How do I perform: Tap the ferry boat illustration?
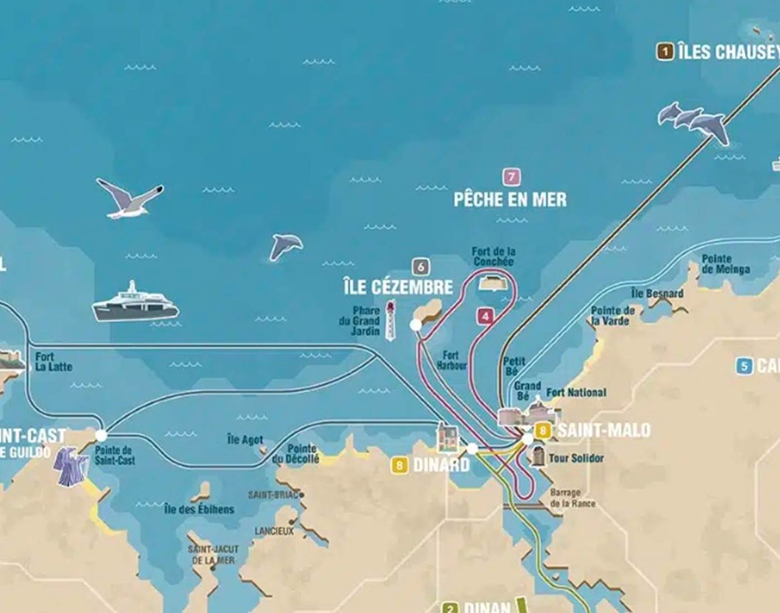pos(135,304)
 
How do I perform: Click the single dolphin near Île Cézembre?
pos(286,246)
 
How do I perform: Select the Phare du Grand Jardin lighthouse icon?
pos(391,320)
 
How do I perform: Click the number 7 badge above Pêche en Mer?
pos(511,177)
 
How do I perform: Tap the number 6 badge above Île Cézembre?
pos(421,267)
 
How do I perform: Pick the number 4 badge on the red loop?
pos(485,317)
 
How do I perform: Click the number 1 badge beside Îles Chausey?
pos(665,52)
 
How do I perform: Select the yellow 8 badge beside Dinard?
pos(399,465)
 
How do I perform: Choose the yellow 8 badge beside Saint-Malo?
pos(543,430)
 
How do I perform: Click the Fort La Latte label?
pos(53,362)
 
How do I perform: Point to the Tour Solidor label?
pos(576,458)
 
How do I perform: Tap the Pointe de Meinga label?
pos(725,264)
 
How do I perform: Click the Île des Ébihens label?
pos(199,509)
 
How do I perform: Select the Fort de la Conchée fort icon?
pos(494,283)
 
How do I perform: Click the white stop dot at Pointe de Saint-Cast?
pos(101,435)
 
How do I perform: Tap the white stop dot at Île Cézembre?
pos(416,325)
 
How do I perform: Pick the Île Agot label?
pos(245,440)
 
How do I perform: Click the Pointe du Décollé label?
pos(296,454)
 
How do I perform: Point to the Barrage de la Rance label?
pos(572,498)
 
